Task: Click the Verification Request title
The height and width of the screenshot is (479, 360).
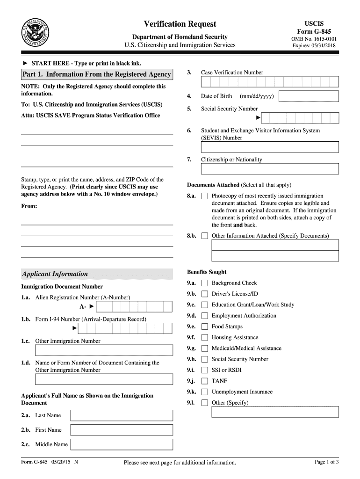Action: click(180, 24)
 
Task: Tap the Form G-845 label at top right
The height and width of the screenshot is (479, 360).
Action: click(314, 31)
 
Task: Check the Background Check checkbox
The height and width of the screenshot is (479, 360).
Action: click(205, 283)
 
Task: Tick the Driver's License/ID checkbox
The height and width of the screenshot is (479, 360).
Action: click(205, 294)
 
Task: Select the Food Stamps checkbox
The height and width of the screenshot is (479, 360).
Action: click(205, 327)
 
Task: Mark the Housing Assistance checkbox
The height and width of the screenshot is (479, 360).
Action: click(205, 338)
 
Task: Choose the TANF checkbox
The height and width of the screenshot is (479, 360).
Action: click(205, 381)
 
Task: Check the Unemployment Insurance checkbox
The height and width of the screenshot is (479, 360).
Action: click(205, 392)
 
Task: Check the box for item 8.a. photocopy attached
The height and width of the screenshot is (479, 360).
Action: click(205, 196)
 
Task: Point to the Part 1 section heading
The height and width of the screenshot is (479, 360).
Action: click(97, 74)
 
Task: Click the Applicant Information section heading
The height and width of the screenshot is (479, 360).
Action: click(55, 274)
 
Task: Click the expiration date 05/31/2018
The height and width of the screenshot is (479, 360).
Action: click(314, 45)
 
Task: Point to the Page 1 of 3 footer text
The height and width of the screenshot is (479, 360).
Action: click(327, 462)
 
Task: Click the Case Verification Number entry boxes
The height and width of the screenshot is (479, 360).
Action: click(270, 82)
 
